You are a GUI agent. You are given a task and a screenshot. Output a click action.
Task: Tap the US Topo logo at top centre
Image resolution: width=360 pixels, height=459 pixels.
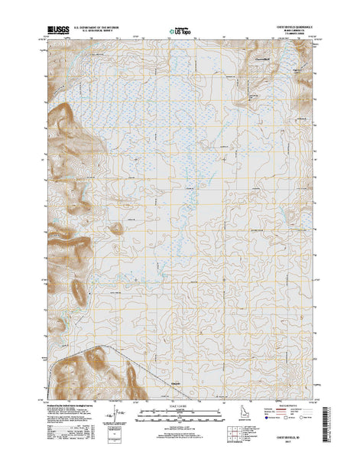click(180, 33)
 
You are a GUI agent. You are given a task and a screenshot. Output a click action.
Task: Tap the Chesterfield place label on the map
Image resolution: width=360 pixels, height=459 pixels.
click(263, 58)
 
